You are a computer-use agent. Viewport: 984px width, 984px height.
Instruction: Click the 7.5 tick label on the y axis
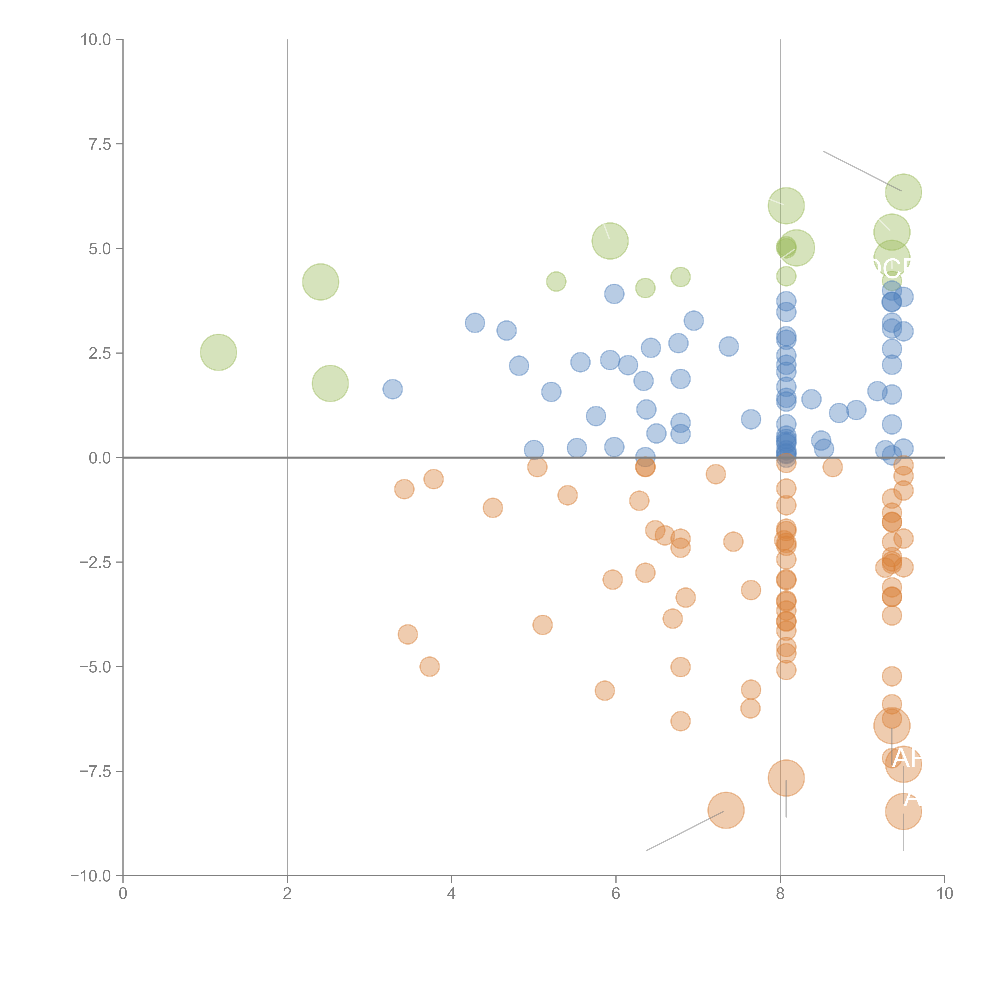pyautogui.click(x=100, y=144)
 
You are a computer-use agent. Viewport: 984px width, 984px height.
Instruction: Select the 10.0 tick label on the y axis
pyautogui.click(x=96, y=40)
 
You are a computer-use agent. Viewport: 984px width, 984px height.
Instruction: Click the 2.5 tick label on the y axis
pyautogui.click(x=100, y=353)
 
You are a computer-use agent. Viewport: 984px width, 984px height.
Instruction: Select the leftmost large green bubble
pyautogui.click(x=218, y=352)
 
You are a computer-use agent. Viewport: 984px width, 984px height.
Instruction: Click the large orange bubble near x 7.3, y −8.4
pyautogui.click(x=726, y=810)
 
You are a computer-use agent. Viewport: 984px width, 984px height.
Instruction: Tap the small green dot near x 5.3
pyautogui.click(x=556, y=281)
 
